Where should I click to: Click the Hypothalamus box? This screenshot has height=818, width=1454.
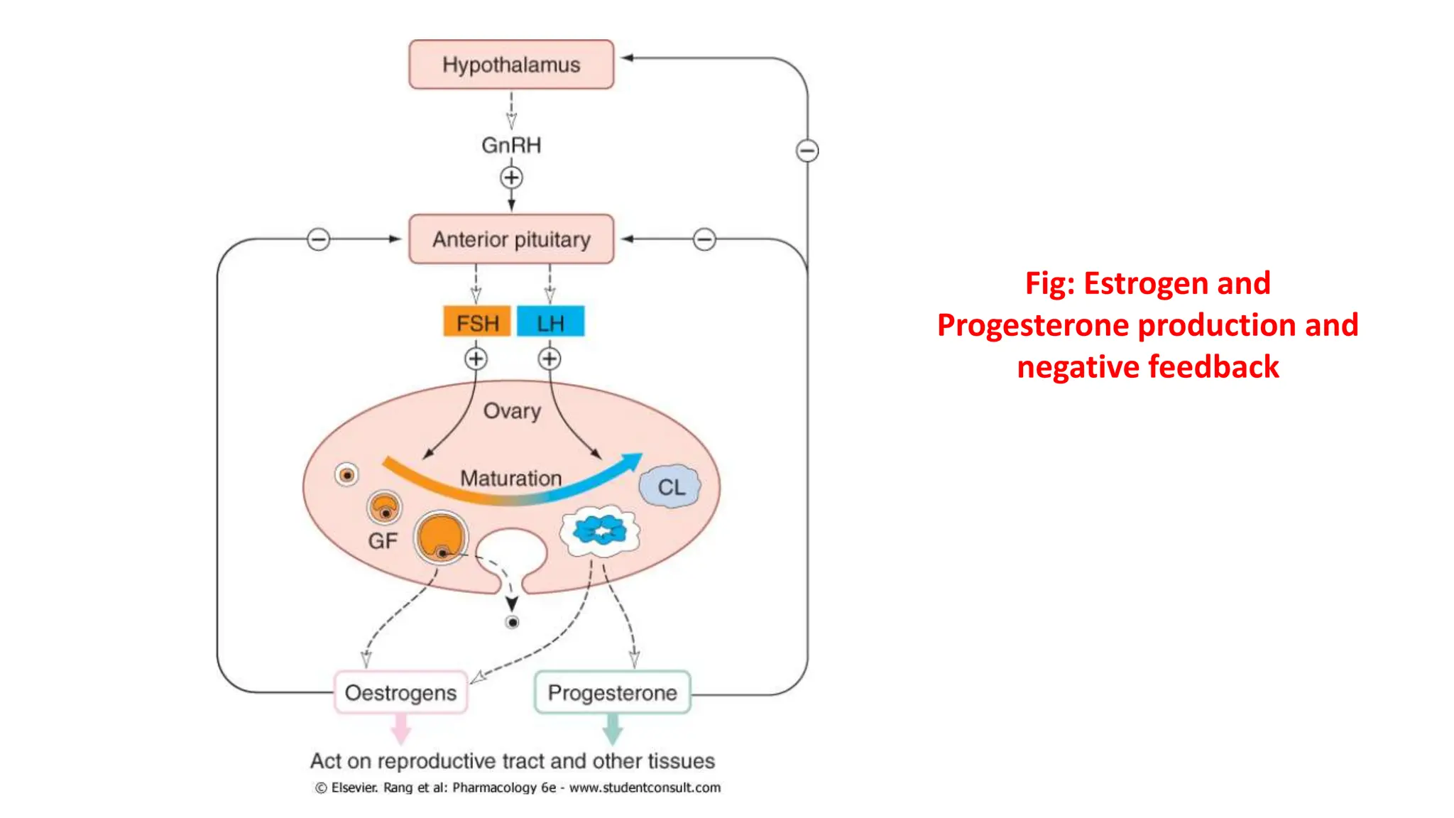click(511, 65)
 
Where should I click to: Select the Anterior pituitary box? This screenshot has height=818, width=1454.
click(511, 239)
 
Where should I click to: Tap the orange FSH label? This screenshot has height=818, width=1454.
click(477, 322)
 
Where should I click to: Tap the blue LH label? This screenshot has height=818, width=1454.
click(551, 322)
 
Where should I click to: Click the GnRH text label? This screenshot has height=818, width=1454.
click(511, 145)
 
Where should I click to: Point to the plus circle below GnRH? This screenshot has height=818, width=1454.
click(511, 178)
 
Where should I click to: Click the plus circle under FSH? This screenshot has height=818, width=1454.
click(476, 359)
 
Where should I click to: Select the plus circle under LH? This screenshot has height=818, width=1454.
click(550, 359)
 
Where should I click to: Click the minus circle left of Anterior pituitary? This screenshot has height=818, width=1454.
click(319, 239)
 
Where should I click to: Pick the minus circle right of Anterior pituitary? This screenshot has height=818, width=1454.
click(704, 239)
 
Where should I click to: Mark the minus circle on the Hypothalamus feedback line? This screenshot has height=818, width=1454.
click(807, 151)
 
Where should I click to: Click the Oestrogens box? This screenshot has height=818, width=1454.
click(401, 692)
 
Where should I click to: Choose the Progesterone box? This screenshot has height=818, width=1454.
click(612, 692)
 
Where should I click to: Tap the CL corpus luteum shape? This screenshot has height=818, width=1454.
click(670, 487)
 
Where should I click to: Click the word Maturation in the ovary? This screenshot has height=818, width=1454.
click(511, 478)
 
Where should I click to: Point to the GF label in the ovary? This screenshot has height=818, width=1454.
click(383, 541)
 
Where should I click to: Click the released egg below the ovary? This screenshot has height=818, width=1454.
click(512, 623)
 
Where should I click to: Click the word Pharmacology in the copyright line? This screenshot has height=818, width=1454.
click(495, 787)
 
